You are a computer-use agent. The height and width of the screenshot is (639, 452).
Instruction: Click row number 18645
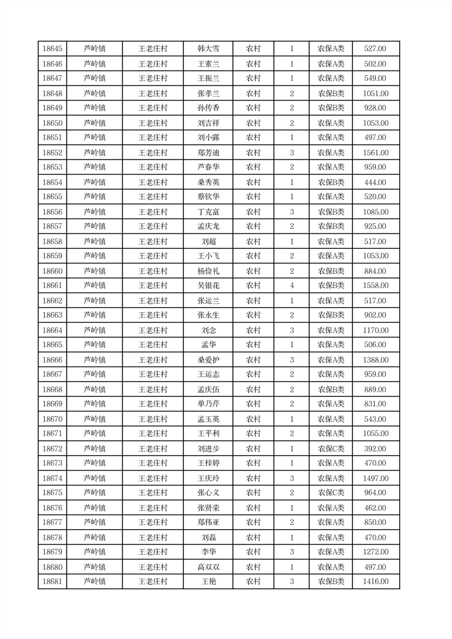click(52, 49)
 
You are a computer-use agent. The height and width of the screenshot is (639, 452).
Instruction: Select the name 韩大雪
click(208, 49)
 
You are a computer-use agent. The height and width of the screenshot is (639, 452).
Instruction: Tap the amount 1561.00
click(376, 153)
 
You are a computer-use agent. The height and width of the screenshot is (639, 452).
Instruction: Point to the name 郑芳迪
click(208, 153)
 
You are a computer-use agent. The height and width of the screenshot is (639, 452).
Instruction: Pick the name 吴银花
click(208, 286)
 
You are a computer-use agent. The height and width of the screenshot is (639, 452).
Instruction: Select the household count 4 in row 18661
click(291, 286)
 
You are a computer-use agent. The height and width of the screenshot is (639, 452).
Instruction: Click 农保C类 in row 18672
click(331, 449)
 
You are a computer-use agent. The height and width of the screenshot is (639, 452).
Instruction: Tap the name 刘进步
click(208, 449)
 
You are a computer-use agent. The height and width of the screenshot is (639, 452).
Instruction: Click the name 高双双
click(208, 567)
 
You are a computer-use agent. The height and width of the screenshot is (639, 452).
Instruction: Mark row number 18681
click(52, 581)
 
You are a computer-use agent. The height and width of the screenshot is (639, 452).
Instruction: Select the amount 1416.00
click(376, 581)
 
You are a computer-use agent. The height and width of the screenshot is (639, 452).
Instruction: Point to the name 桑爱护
click(208, 360)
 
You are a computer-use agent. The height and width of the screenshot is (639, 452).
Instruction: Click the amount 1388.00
click(376, 360)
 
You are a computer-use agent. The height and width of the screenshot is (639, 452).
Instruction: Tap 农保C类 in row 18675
click(331, 493)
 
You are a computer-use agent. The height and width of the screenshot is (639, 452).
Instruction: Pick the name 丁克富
click(208, 212)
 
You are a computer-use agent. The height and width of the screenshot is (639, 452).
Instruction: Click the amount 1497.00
click(376, 478)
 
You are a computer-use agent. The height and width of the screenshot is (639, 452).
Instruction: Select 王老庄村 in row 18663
click(153, 316)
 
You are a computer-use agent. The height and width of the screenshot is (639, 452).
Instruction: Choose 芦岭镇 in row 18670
click(94, 419)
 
